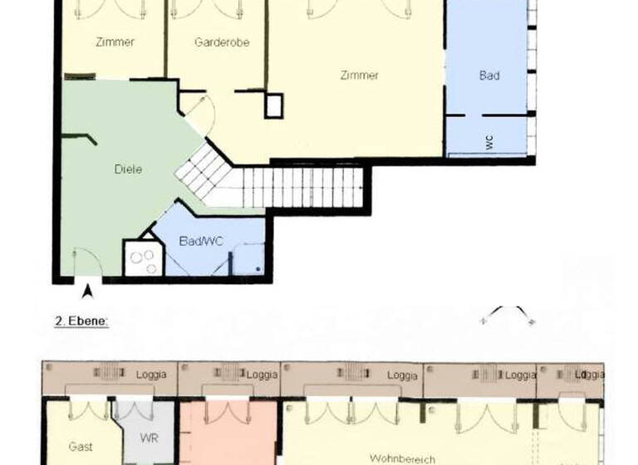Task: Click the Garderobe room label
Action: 222,42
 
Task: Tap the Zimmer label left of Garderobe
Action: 115,42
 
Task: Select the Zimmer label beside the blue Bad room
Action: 359,76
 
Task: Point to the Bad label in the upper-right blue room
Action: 489,76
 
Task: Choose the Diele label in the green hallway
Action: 128,169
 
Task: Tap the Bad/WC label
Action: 201,241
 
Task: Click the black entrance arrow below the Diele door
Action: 87,290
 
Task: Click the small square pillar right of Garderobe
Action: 273,105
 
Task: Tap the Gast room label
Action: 81,447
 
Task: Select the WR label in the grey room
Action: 149,438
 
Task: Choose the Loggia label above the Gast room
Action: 150,374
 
